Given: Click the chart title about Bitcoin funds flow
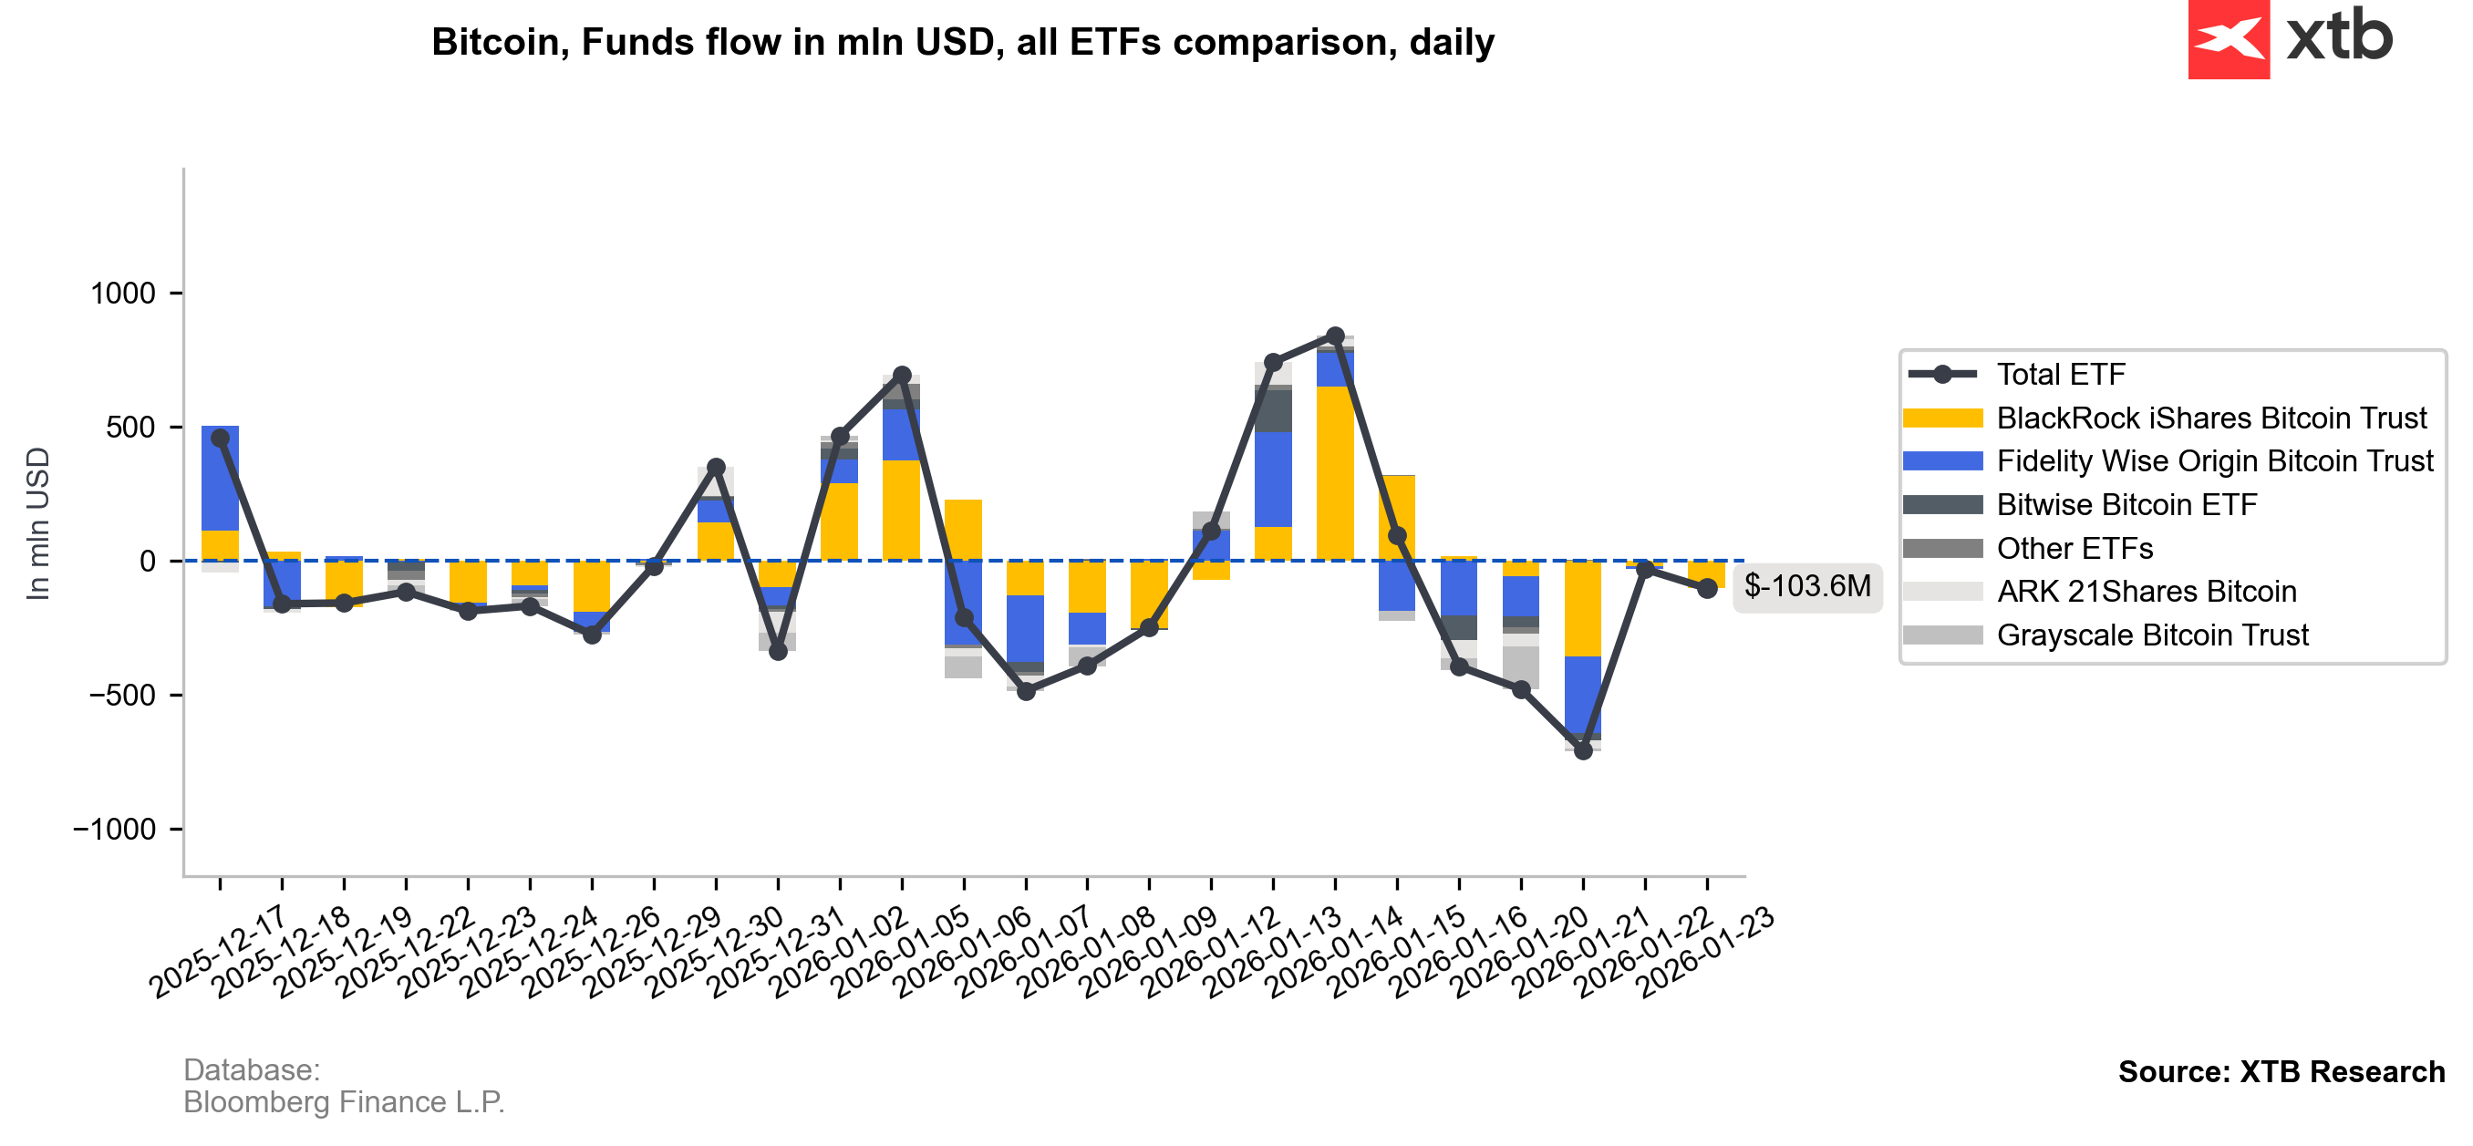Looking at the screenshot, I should point(962,42).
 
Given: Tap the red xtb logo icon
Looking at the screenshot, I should point(2229,38).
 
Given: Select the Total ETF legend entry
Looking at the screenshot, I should point(2060,375).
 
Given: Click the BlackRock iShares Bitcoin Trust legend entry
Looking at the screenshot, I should point(2210,418).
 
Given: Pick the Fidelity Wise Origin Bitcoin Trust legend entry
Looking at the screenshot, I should point(2214,461).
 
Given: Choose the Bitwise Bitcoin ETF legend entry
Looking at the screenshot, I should point(2126,505).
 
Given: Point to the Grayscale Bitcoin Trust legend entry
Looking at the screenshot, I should point(2151,635).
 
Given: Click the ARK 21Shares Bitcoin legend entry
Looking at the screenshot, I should point(2146,593).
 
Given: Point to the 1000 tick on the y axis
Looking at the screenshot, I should point(122,293).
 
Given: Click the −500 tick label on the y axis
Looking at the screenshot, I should point(122,695).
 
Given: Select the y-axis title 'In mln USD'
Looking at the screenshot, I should point(37,524).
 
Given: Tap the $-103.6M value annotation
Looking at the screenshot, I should point(1806,586).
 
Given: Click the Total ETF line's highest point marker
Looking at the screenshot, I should point(1335,336).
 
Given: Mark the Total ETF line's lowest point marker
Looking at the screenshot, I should point(1583,750).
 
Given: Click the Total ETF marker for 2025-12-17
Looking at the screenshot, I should point(220,438).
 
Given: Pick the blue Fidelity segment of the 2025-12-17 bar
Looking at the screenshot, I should point(220,478).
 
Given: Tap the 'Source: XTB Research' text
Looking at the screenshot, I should point(2281,1072).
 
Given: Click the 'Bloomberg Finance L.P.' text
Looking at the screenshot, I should point(344,1103).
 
